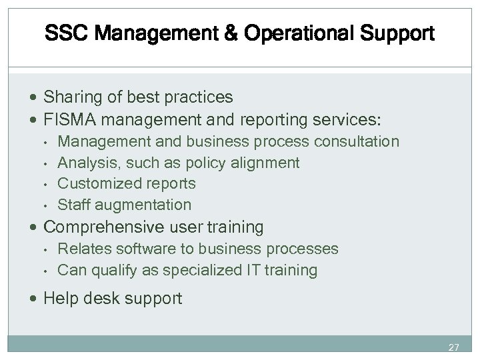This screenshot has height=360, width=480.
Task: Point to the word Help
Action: pyautogui.click(x=59, y=299)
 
